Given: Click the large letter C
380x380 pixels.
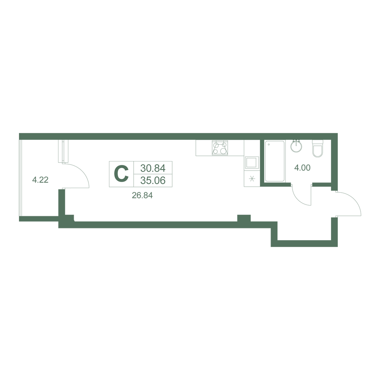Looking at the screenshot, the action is [121, 174].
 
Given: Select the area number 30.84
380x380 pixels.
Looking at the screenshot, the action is [153, 168].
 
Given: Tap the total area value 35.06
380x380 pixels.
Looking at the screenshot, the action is [153, 180].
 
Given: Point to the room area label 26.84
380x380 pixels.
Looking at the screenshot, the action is [142, 195].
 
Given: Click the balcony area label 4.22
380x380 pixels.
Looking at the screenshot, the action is [40, 180].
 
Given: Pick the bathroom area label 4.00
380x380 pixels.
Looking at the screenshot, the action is [302, 168].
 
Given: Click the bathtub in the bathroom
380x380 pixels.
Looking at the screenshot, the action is [275, 161].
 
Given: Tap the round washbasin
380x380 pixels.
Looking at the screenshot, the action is [296, 146].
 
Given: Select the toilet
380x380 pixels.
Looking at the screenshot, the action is [318, 148].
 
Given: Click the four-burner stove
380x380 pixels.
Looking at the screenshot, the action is [220, 147].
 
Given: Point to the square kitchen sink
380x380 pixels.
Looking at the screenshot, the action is [252, 162].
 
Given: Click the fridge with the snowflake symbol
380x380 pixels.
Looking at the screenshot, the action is [252, 179].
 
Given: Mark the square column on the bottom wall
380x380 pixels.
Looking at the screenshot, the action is [244, 218].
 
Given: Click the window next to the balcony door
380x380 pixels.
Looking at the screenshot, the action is [63, 151].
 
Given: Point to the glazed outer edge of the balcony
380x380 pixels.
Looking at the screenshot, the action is [21, 178].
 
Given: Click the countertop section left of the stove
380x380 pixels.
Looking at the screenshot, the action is [204, 148].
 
